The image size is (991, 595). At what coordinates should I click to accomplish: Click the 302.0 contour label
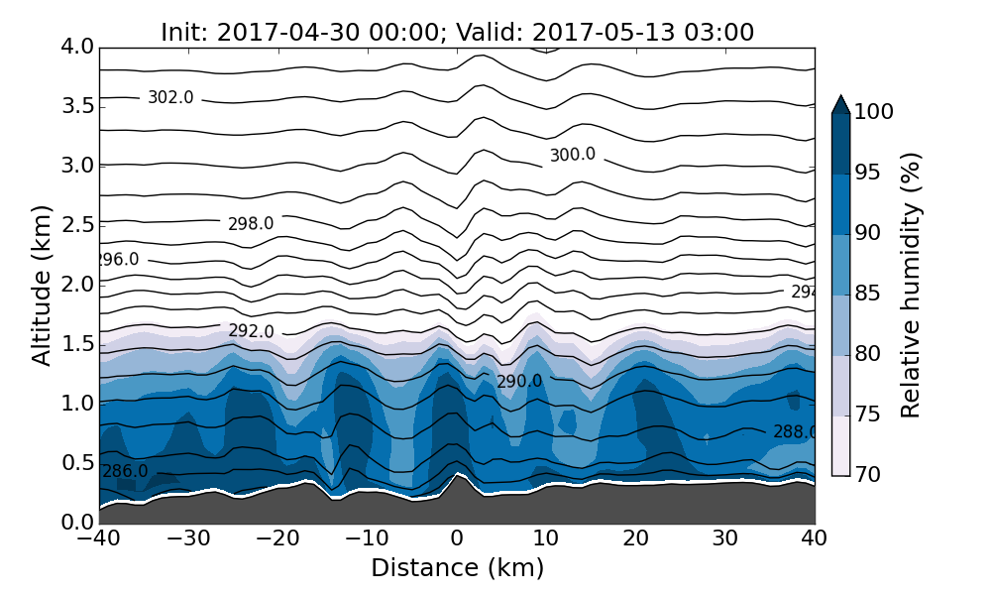click(170, 97)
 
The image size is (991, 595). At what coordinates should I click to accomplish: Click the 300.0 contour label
click(573, 155)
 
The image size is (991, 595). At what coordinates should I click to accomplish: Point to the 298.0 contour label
click(251, 224)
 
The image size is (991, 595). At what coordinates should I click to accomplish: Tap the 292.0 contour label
click(251, 331)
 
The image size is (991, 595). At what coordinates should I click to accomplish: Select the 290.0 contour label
click(519, 382)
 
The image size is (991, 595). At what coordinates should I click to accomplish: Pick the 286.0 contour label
click(125, 471)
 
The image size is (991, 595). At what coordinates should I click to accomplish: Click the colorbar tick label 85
click(869, 295)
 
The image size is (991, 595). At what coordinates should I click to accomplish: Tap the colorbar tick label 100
click(874, 113)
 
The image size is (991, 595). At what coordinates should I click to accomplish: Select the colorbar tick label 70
click(869, 476)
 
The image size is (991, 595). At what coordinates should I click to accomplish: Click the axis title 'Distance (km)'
click(457, 568)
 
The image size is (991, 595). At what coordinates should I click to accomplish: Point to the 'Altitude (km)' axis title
click(42, 285)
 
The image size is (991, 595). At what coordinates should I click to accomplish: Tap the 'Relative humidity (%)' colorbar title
click(911, 285)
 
